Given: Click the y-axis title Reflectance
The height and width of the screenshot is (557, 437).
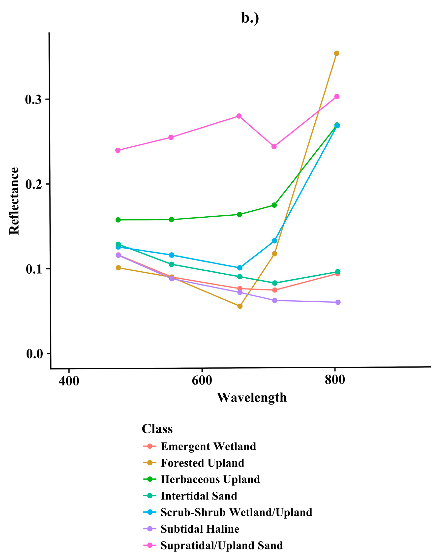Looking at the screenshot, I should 15,201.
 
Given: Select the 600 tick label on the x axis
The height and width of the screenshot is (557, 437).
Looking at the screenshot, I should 202,380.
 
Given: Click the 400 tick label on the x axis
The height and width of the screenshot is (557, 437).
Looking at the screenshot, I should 69,381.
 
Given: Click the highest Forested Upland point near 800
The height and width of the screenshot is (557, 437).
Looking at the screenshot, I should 337,53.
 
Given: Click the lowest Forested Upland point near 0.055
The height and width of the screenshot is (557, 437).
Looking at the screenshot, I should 240,306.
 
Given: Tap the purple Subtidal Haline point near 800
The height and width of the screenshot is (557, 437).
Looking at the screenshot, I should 338,302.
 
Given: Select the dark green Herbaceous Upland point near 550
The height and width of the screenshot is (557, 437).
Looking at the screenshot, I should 171,220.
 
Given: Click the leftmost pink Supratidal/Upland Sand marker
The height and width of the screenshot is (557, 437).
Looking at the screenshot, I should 118,150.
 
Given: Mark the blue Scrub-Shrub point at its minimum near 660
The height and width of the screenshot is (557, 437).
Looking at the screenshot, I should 240,268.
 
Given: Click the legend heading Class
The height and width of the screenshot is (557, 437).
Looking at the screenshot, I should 157,429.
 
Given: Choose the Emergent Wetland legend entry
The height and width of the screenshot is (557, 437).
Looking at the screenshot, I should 208,446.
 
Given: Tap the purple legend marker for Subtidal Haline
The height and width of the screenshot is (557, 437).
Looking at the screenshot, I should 150,529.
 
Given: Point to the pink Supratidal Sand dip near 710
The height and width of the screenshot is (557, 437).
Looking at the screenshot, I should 274,146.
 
